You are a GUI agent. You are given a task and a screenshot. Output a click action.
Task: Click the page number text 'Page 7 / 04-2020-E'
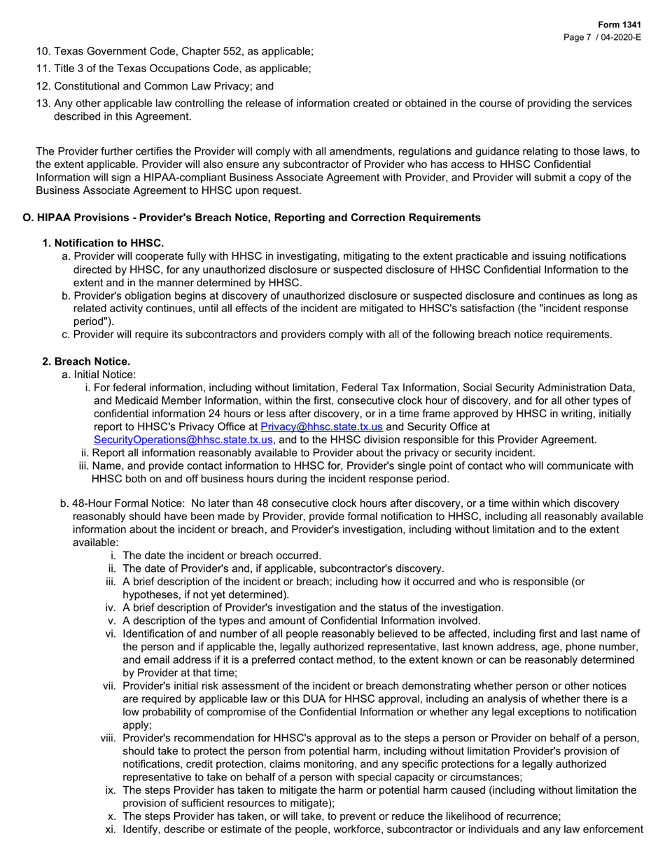[602, 37]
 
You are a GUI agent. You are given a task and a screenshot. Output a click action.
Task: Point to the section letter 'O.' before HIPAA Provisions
[29, 218]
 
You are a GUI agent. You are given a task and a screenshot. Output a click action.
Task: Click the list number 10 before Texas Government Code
[42, 51]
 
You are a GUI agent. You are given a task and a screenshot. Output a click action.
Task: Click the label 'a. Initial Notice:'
[99, 374]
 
